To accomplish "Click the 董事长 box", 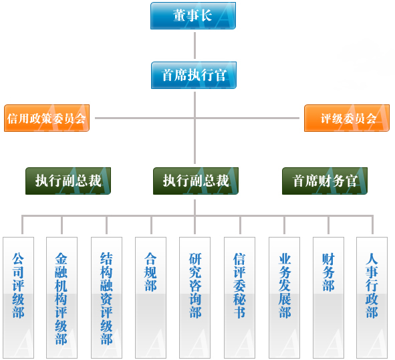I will [x=193, y=16].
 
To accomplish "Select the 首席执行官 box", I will [x=194, y=76].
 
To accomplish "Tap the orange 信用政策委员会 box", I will [x=47, y=118].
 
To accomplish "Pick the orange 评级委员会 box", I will [x=347, y=118].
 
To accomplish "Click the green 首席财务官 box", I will [x=325, y=181].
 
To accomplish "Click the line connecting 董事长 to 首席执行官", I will [x=194, y=46].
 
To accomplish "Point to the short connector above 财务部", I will [x=328, y=226].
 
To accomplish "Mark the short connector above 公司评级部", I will [x=22, y=226].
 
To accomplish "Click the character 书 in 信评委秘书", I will [x=239, y=312].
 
